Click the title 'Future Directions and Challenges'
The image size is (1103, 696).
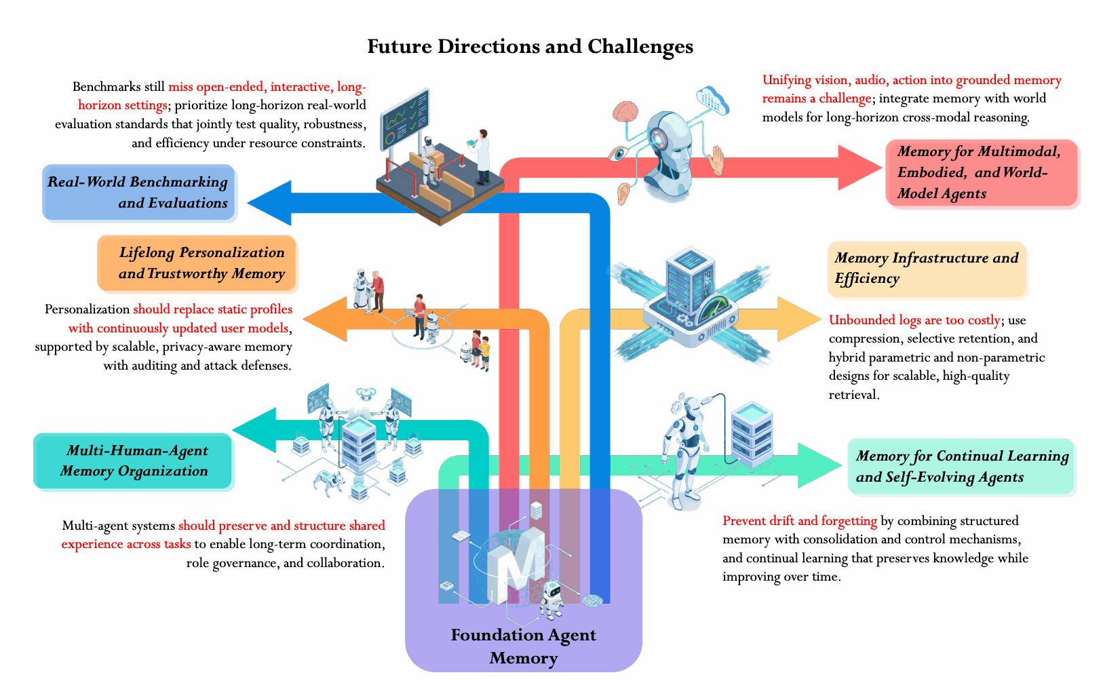(x=530, y=46)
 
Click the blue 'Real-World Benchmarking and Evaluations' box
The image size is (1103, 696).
(x=138, y=192)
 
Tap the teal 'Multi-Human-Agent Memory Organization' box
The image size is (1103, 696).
(x=132, y=461)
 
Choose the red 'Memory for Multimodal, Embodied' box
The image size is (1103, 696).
(x=981, y=172)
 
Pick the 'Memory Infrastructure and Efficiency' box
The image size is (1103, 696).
(x=927, y=269)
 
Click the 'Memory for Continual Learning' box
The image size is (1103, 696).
(x=961, y=466)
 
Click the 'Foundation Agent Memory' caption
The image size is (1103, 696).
(x=524, y=646)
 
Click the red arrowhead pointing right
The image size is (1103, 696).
(x=859, y=168)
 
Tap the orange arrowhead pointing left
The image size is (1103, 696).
(x=325, y=320)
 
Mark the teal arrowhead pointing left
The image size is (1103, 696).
(x=254, y=429)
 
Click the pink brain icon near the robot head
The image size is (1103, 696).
(x=625, y=111)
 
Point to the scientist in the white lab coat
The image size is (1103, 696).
(x=480, y=156)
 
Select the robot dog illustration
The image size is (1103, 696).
(x=329, y=480)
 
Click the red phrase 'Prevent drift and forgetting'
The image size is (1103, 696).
(x=800, y=521)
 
